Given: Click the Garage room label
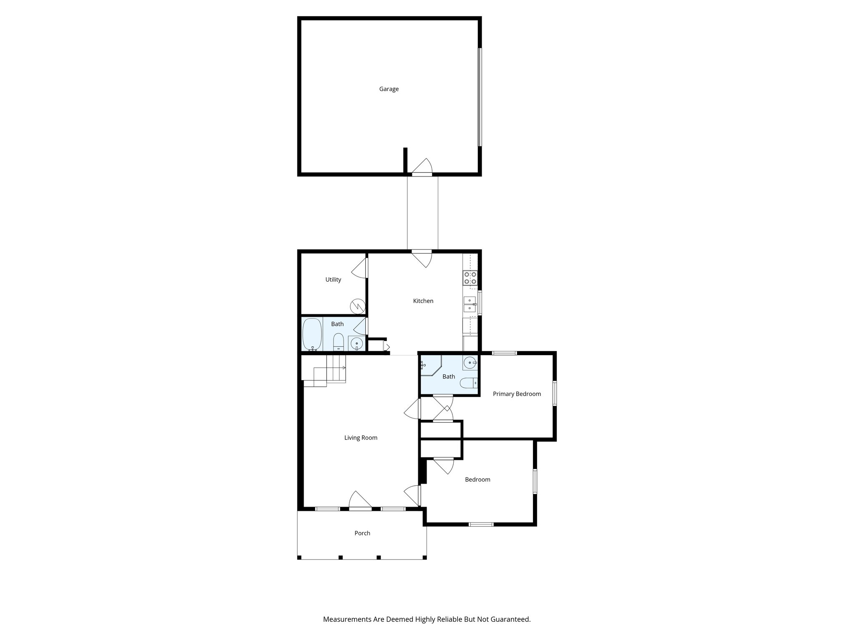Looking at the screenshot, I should [389, 89].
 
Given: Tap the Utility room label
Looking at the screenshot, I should [333, 280].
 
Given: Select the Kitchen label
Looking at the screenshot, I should [423, 301].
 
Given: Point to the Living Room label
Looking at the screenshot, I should [361, 438].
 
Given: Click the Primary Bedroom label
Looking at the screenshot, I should [517, 394].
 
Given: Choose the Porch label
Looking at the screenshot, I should [362, 533].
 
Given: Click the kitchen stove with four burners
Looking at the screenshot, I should [470, 278].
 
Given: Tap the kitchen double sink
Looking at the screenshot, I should [470, 304].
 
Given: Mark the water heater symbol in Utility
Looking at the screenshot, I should [357, 306].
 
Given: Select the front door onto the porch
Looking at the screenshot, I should [360, 501].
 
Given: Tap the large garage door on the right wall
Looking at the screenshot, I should [480, 97].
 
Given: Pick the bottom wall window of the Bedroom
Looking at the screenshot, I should [481, 524].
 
